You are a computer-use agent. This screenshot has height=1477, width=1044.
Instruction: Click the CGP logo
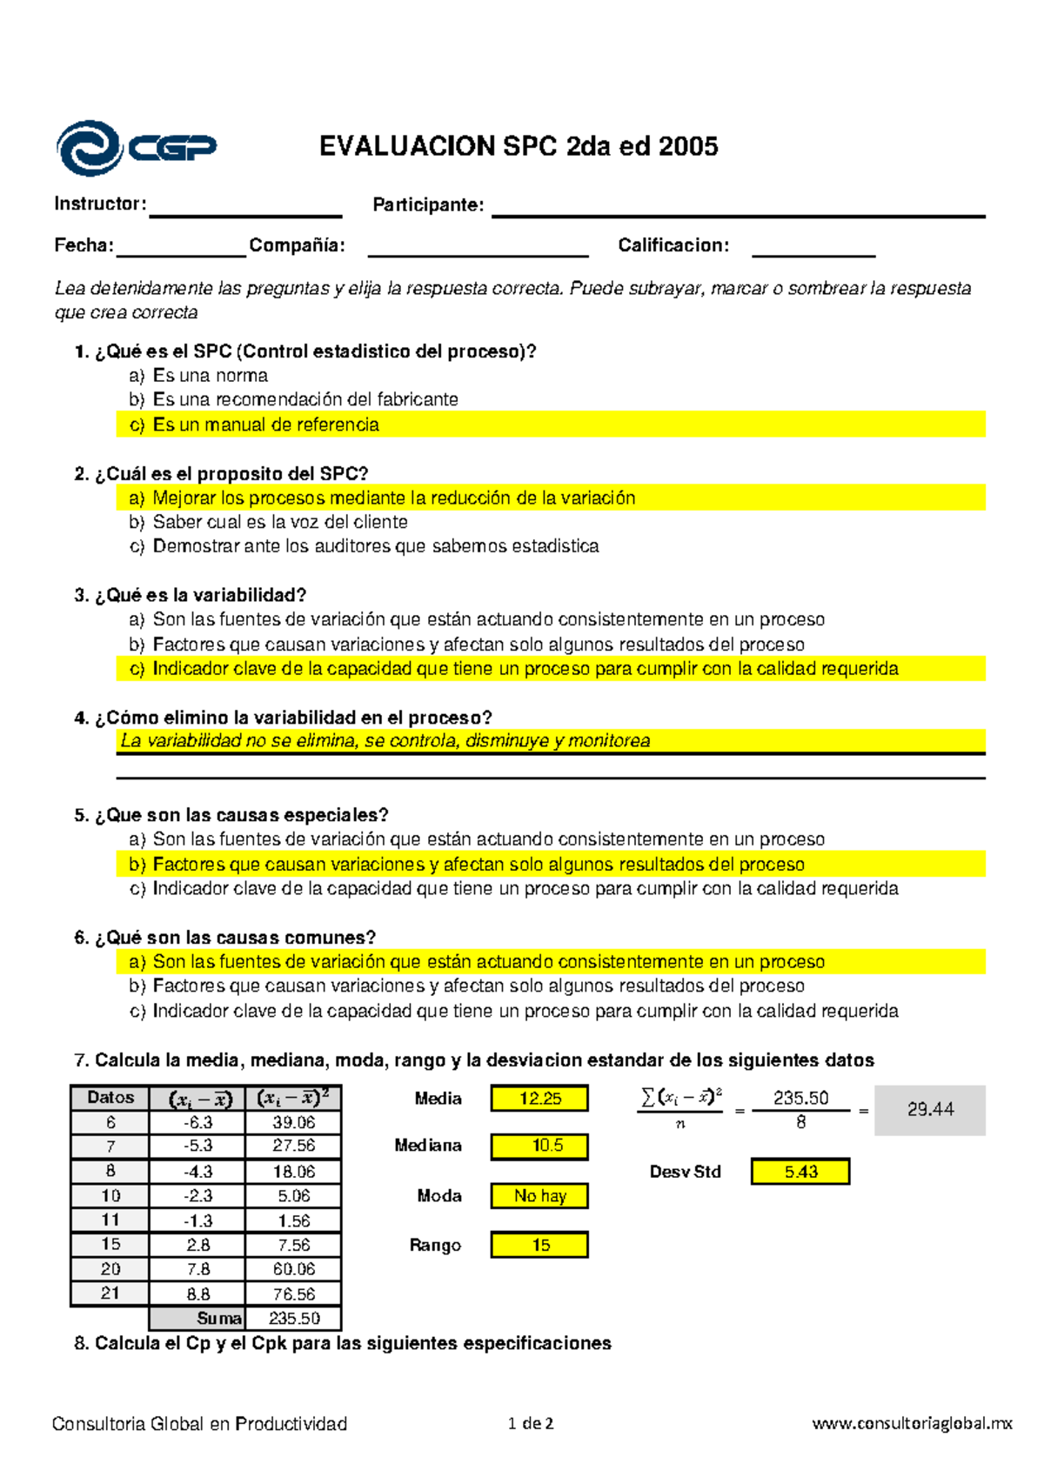(x=135, y=149)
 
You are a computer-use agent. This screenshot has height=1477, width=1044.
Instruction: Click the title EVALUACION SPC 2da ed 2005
(x=519, y=146)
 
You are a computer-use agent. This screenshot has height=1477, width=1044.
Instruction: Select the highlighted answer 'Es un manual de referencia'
(x=265, y=424)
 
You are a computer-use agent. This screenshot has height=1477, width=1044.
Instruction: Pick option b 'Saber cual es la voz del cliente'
(x=279, y=522)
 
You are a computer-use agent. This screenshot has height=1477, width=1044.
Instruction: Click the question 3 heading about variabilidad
(x=191, y=595)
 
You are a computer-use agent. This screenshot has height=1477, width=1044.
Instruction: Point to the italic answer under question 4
(x=385, y=741)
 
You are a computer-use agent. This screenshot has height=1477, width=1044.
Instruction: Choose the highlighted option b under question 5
(x=478, y=865)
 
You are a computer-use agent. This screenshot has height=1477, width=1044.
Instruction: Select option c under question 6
(x=525, y=1011)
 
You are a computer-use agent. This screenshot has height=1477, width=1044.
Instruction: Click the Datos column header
(x=110, y=1098)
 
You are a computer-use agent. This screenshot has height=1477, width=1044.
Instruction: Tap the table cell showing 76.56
(x=294, y=1294)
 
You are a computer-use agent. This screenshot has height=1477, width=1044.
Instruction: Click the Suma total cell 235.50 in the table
(x=294, y=1319)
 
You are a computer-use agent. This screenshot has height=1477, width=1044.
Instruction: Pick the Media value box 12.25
(x=539, y=1099)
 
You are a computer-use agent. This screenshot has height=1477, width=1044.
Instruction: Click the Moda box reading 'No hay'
(x=539, y=1196)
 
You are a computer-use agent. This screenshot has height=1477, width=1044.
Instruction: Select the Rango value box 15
(x=539, y=1245)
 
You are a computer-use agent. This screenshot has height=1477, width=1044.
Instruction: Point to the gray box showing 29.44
(x=929, y=1110)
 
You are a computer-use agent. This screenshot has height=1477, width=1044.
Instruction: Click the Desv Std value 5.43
(x=800, y=1172)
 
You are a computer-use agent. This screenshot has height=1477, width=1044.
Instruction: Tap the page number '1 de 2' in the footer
(x=531, y=1424)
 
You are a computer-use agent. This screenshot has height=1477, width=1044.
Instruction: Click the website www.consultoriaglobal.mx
(x=912, y=1424)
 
